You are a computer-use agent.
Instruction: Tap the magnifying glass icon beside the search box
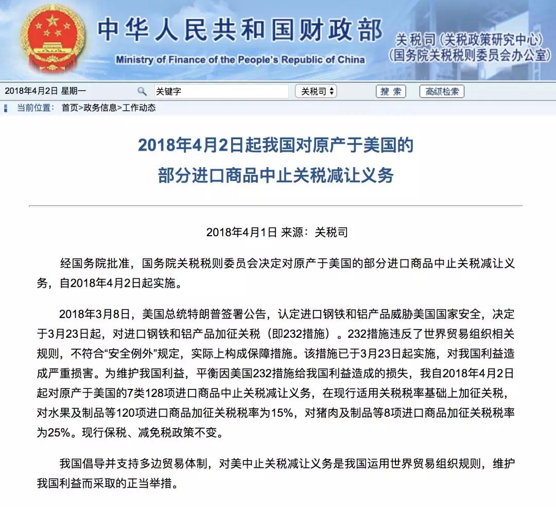142,91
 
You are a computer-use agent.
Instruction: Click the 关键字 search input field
221,91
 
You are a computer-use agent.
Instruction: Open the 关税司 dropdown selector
316,91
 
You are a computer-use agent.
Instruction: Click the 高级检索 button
442,91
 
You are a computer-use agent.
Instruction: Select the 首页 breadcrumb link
69,108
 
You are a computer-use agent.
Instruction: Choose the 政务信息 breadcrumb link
100,108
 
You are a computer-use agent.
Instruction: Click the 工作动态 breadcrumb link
138,108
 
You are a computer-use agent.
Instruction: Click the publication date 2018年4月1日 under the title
241,232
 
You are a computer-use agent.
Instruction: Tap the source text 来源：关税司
315,232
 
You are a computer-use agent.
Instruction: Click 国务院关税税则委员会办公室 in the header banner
470,56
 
